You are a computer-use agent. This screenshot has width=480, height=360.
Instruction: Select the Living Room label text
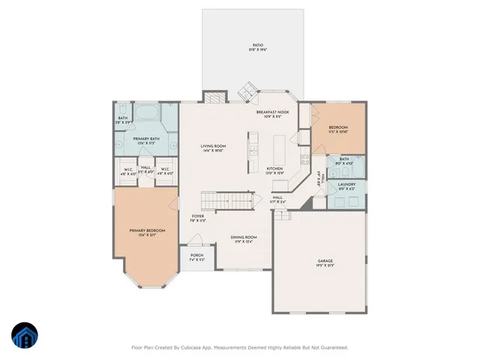[213, 146]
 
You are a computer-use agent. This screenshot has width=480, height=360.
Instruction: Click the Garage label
[325, 262]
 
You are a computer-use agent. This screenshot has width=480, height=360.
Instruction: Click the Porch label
[196, 256]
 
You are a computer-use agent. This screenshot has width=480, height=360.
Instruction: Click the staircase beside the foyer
[224, 202]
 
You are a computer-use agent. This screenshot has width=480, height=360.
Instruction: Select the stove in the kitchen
[304, 158]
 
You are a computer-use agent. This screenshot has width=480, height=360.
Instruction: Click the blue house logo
[24, 336]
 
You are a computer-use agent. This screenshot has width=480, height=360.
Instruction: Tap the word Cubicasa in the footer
[198, 347]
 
